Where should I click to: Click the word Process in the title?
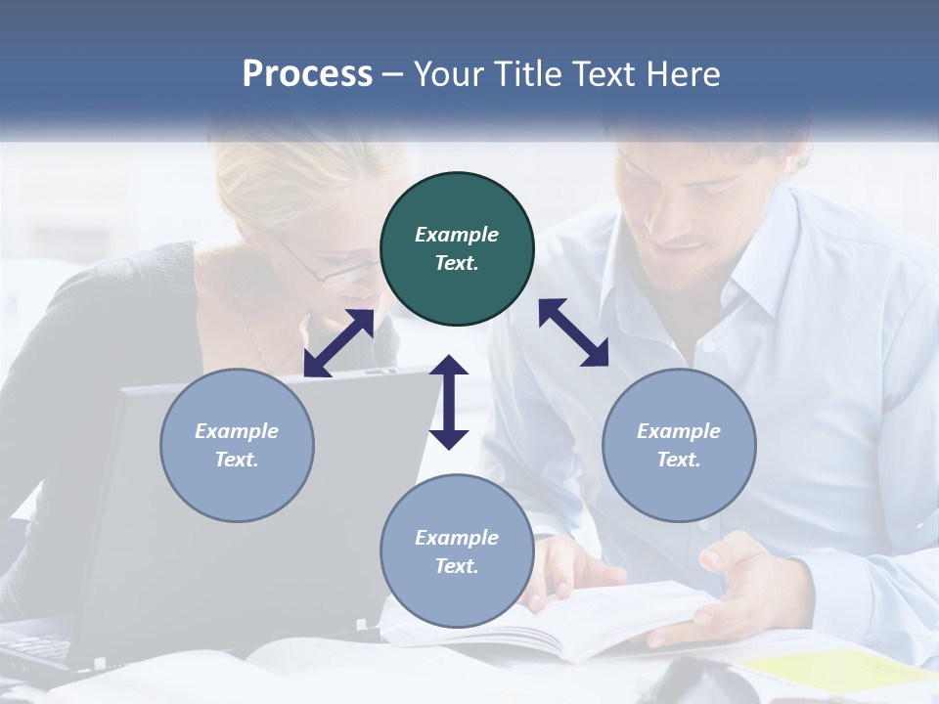click(307, 74)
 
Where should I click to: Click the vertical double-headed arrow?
click(449, 402)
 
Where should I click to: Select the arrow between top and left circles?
click(338, 343)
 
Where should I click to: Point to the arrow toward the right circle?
click(573, 332)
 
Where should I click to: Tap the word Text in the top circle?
click(457, 263)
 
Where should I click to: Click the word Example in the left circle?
click(237, 431)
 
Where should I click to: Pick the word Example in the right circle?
click(679, 431)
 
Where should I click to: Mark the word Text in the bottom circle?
click(457, 566)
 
